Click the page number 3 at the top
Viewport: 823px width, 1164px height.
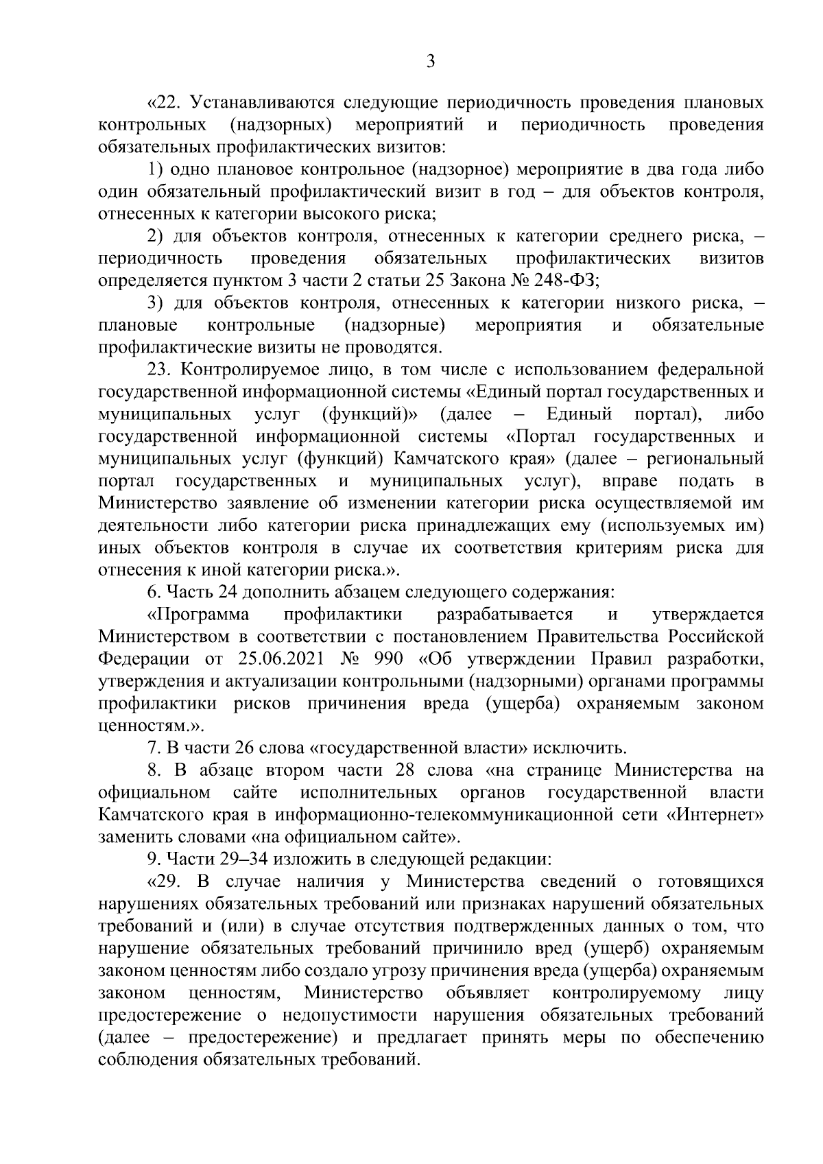[x=430, y=62]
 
